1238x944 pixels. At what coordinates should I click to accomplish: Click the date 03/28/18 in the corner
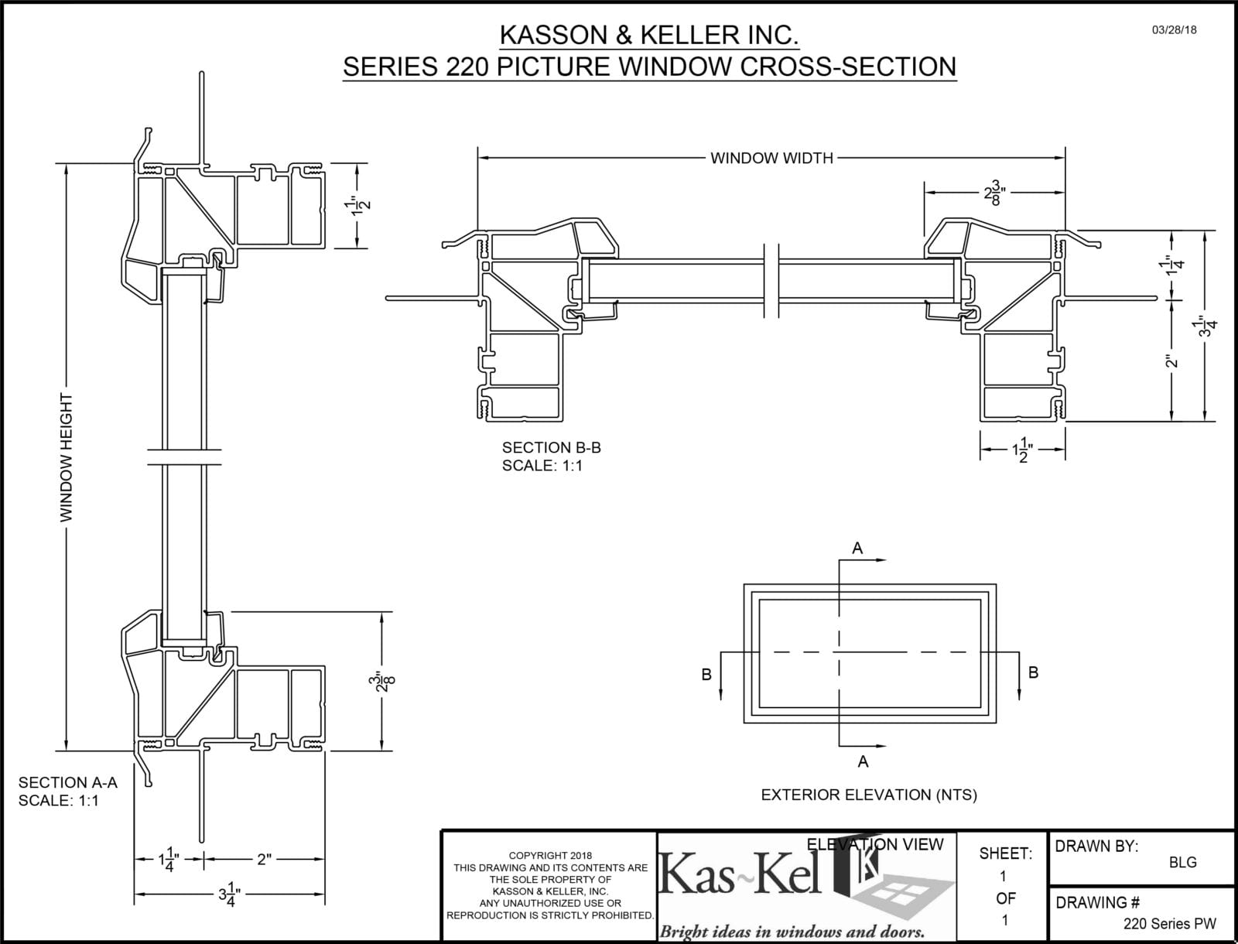1174,30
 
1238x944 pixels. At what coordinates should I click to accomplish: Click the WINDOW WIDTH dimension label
771,159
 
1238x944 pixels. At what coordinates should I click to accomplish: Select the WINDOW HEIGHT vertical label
67,457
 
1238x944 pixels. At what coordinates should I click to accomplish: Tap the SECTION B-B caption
551,447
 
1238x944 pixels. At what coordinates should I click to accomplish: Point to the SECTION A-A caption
68,782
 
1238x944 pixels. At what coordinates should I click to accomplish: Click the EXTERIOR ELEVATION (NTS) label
869,795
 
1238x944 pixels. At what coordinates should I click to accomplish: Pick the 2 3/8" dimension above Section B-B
995,193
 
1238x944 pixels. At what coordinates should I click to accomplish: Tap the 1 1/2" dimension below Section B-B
1023,450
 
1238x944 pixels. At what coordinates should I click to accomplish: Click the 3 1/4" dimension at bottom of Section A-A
229,896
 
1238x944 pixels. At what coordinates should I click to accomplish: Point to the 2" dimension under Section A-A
264,859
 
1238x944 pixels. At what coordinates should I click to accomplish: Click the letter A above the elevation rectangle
857,549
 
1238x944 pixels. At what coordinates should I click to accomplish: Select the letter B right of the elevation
1033,672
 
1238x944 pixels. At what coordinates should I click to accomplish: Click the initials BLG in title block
1182,862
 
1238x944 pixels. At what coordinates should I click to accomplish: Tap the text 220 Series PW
1169,924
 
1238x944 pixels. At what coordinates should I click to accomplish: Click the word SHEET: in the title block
1005,853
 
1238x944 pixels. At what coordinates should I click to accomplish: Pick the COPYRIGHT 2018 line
550,855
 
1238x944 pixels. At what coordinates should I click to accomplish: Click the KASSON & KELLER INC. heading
648,35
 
